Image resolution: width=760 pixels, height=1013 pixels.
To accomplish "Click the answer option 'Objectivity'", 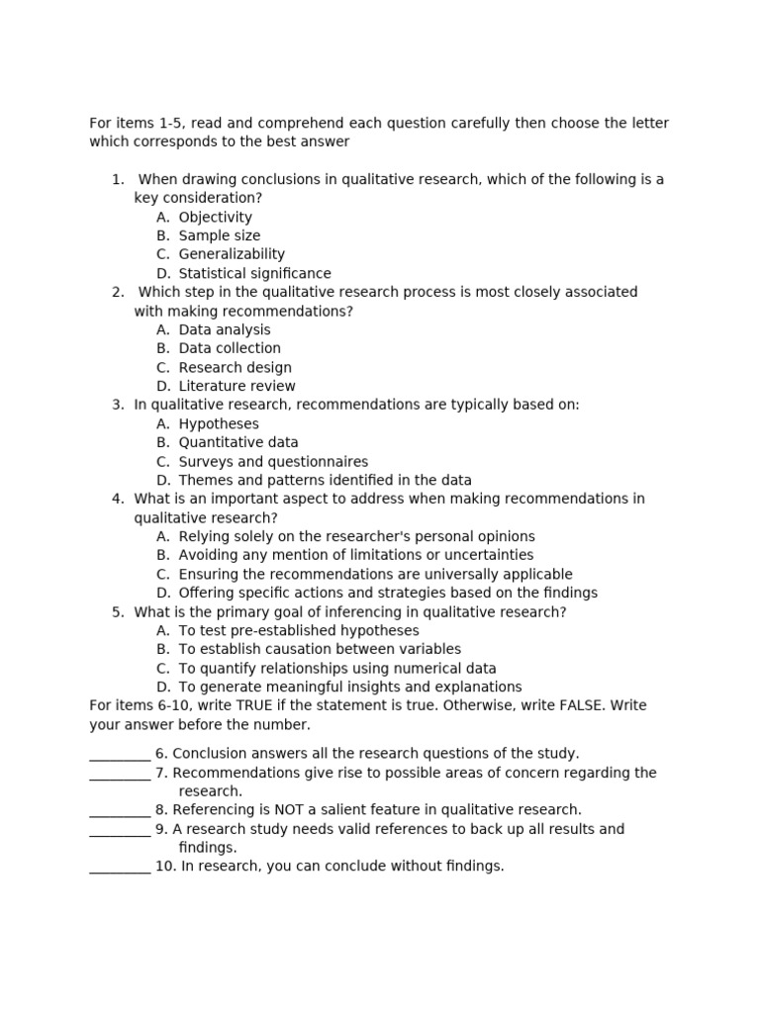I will pos(215,218).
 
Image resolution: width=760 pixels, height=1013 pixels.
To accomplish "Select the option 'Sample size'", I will pos(219,236).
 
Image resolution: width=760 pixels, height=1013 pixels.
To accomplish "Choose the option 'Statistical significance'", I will pos(254,274).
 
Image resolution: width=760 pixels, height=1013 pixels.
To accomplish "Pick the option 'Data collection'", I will pos(230,349).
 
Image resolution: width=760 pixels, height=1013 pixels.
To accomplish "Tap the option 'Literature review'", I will pos(237,387).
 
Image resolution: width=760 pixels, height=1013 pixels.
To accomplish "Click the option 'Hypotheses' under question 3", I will pos(219,424).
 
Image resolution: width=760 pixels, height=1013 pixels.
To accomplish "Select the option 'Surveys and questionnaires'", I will pos(273,462).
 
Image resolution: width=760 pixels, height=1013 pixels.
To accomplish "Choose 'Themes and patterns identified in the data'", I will pos(325,481).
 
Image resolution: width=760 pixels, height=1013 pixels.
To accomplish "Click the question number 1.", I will pos(118,180).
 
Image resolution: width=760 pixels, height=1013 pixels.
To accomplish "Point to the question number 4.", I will pos(118,500).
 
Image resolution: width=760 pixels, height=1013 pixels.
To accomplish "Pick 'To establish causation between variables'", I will pos(320,650).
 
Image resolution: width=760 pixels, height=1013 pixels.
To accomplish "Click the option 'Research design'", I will pos(235,368).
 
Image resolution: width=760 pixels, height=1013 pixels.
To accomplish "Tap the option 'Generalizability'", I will pos(232,255).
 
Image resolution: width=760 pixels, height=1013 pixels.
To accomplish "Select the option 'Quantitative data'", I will pos(238,443).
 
